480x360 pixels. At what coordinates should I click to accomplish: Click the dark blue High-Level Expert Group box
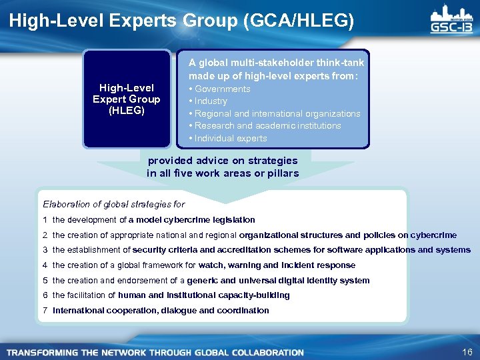[x=127, y=99]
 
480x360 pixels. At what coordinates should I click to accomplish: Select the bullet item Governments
[x=221, y=89]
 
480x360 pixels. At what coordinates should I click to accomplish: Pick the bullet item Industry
[x=210, y=101]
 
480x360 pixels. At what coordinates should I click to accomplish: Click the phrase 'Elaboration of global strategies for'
[x=114, y=204]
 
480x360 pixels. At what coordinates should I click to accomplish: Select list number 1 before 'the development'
[x=45, y=219]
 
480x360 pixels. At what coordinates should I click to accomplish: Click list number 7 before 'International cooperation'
[x=45, y=310]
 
